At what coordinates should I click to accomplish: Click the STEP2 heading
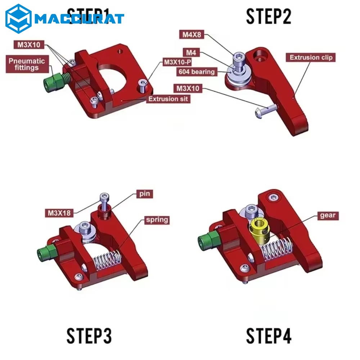pyautogui.click(x=269, y=16)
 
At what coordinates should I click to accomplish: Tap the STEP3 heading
pyautogui.click(x=89, y=336)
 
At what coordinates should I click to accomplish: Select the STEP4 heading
pyautogui.click(x=269, y=336)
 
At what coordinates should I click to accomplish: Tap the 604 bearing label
pyautogui.click(x=197, y=72)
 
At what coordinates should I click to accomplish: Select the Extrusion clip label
pyautogui.click(x=311, y=57)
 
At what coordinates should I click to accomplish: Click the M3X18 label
pyautogui.click(x=59, y=213)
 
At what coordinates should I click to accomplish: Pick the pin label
pyautogui.click(x=144, y=194)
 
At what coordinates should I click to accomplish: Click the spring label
pyautogui.click(x=156, y=219)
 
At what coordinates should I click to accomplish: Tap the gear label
pyautogui.click(x=327, y=216)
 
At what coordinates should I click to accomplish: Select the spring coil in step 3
pyautogui.click(x=106, y=262)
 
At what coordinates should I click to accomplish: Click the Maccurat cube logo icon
pyautogui.click(x=19, y=18)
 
